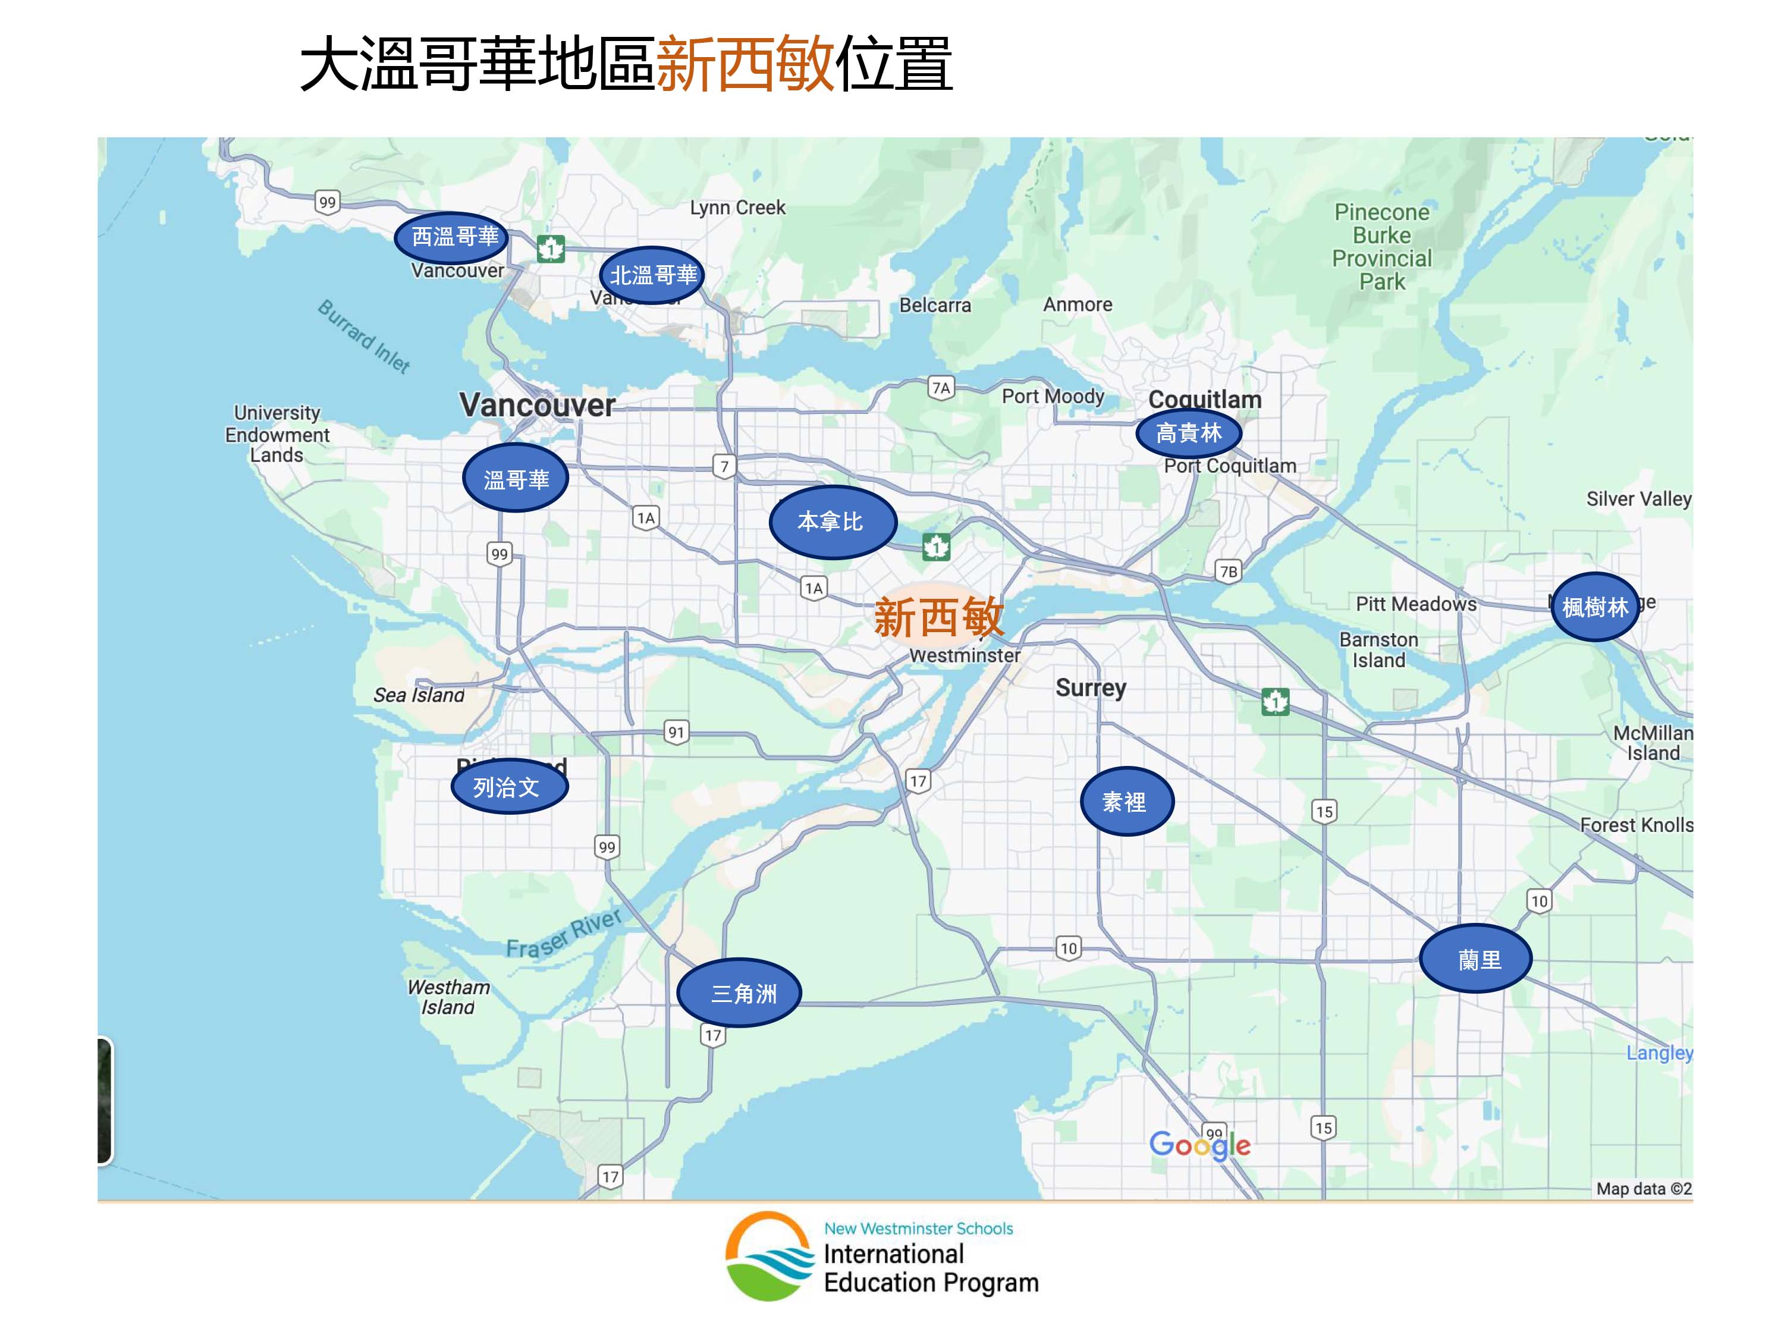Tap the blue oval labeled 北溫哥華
tap(652, 275)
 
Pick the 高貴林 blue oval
tap(1188, 433)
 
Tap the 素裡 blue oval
tap(1126, 801)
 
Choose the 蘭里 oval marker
tap(1475, 958)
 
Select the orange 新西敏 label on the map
tap(939, 617)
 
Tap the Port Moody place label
tap(1053, 396)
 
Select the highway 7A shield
tap(940, 388)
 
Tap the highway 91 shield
tap(676, 732)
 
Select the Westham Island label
tap(448, 997)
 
